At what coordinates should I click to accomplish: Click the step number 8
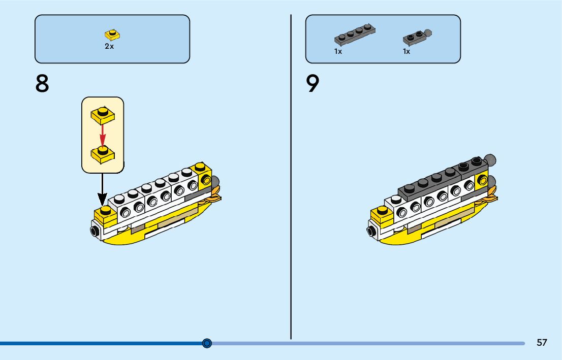point(42,83)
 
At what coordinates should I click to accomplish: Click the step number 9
point(313,83)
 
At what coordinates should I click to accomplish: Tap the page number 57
point(542,343)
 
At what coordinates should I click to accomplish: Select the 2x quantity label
point(109,46)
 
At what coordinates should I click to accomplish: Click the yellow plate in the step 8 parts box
point(112,35)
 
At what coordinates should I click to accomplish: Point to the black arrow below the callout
point(103,187)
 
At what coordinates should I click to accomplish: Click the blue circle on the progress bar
point(207,343)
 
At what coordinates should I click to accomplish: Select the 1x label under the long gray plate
point(338,51)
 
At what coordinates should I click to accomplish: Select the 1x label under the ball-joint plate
point(407,51)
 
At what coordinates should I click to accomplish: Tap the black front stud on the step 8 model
point(95,232)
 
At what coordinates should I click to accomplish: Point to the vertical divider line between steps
point(291,178)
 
